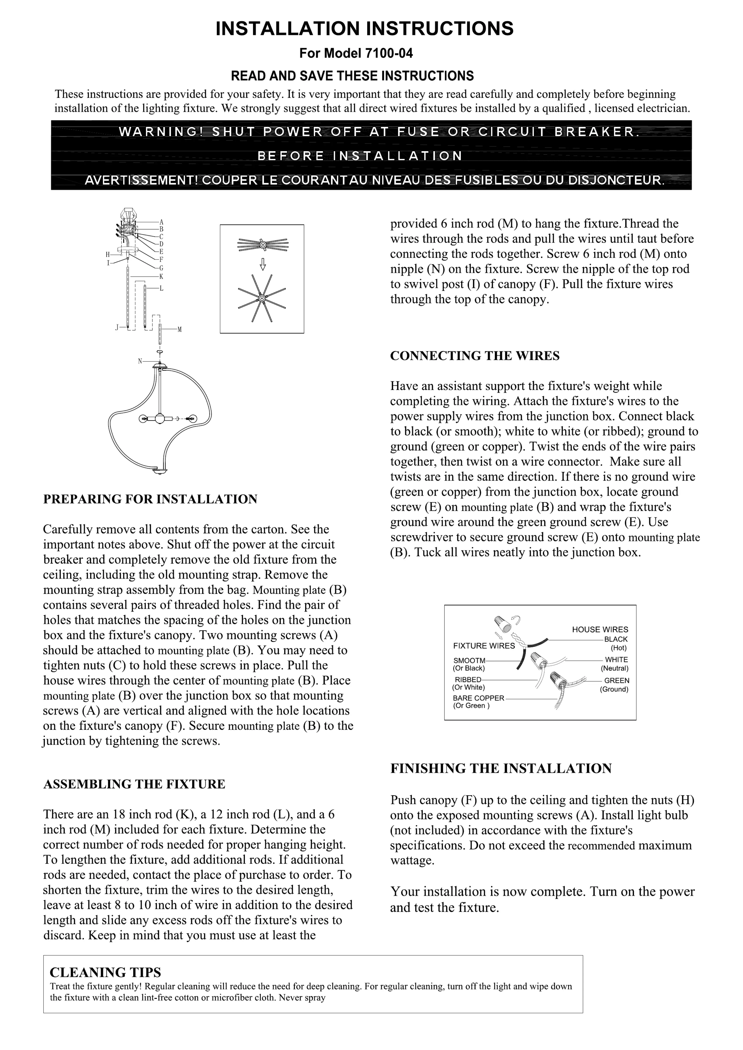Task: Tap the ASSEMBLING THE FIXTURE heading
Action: point(134,784)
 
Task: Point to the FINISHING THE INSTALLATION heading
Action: point(500,769)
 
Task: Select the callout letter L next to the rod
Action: point(161,289)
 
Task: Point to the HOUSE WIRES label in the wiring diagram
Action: point(600,630)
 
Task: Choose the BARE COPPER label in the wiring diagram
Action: point(478,698)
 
